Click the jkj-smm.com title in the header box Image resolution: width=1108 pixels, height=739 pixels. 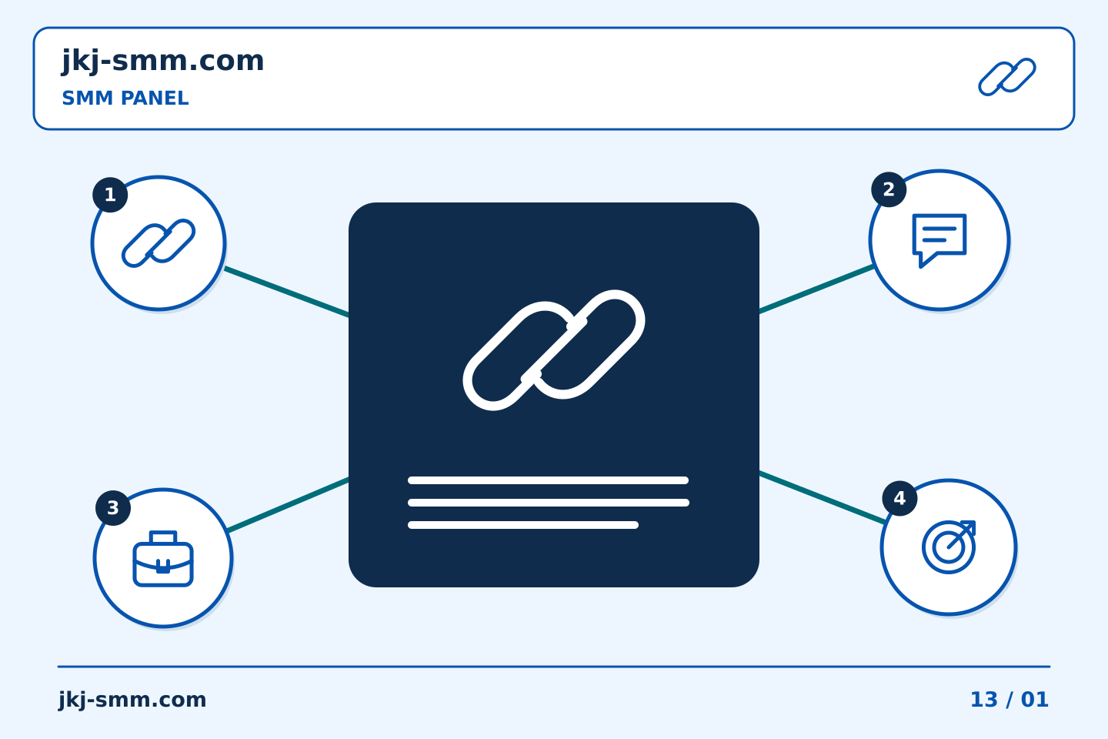[x=163, y=62]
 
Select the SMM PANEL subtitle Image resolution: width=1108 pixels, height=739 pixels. [x=125, y=98]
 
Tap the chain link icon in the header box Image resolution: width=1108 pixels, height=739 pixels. [x=1007, y=77]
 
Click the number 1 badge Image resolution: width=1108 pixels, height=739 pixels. [x=110, y=195]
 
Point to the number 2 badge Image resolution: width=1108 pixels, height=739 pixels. [x=889, y=189]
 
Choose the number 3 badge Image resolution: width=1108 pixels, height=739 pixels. [x=113, y=508]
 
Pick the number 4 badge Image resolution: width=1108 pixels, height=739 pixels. [x=899, y=499]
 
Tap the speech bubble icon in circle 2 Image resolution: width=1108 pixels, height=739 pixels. [x=939, y=240]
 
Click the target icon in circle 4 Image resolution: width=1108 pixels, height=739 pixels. [x=949, y=547]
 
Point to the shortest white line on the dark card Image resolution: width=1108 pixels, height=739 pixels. [x=523, y=525]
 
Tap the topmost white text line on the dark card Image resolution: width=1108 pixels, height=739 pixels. [x=548, y=480]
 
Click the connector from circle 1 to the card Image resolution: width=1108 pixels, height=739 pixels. [x=287, y=292]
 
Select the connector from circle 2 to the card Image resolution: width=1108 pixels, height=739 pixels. [x=816, y=289]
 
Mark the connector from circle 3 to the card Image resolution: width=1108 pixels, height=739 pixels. [x=289, y=505]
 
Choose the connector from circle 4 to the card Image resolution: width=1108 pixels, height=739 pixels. [x=823, y=497]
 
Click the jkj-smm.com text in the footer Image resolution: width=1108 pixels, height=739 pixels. [x=132, y=700]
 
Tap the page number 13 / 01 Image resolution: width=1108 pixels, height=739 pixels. [x=1010, y=700]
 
